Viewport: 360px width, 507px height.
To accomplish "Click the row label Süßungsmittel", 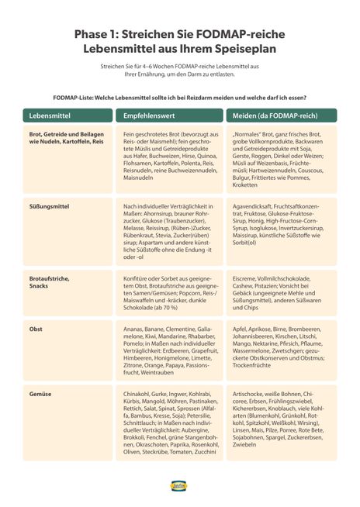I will [x=49, y=206].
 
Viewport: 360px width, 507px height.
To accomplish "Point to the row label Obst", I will [x=36, y=329].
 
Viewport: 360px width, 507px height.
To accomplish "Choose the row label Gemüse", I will [x=40, y=394].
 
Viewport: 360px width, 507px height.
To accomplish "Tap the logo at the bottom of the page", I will [x=180, y=485].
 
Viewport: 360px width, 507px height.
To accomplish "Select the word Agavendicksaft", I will [x=254, y=206].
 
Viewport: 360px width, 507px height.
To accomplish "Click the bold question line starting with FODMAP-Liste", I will [x=179, y=97].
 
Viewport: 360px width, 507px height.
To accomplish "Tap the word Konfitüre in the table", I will [x=138, y=276].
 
